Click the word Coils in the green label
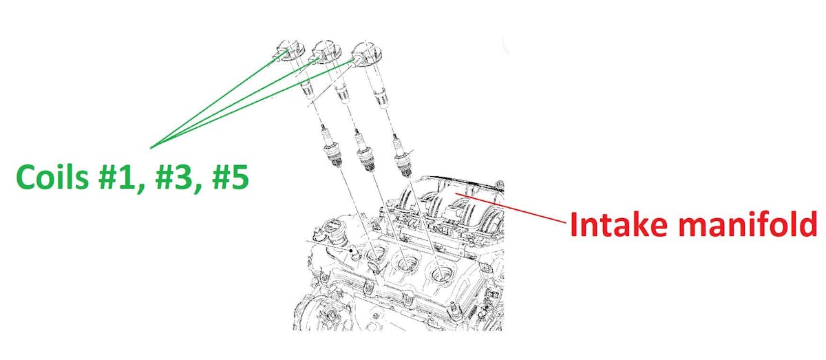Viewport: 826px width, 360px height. click(52, 178)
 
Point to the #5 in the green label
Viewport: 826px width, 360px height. click(231, 178)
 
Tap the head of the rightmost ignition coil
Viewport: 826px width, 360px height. click(366, 54)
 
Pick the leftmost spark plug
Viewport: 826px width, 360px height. click(330, 147)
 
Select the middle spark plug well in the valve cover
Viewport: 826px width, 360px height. click(407, 264)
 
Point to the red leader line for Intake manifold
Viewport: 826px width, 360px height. click(510, 207)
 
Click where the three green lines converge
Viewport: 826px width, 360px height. click(151, 148)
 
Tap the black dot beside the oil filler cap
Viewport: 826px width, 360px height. click(352, 251)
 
